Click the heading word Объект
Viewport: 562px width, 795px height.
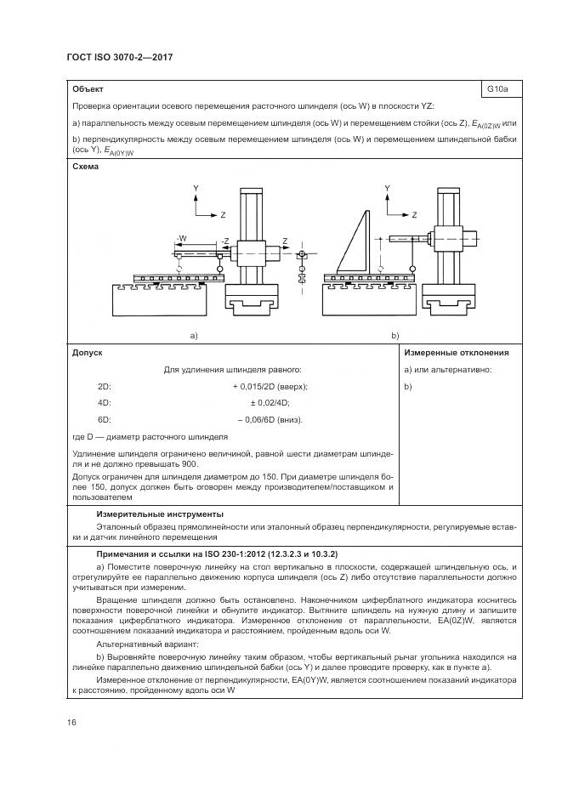(x=88, y=88)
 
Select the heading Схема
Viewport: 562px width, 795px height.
(x=85, y=167)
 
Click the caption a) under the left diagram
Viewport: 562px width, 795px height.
(x=194, y=336)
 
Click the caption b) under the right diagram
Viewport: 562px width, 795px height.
(x=395, y=336)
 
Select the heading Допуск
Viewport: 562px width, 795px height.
(x=88, y=352)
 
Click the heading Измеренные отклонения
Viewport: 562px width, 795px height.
(x=456, y=352)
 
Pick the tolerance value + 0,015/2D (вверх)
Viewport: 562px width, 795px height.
(x=270, y=386)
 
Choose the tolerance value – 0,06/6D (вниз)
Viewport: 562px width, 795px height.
(x=270, y=419)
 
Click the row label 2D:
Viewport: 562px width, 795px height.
(x=105, y=386)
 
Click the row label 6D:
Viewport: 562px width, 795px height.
(x=105, y=419)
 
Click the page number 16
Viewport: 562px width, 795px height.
(x=71, y=722)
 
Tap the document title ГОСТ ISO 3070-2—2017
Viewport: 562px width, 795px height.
(x=113, y=56)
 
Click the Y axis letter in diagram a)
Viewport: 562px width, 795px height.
(x=196, y=187)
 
